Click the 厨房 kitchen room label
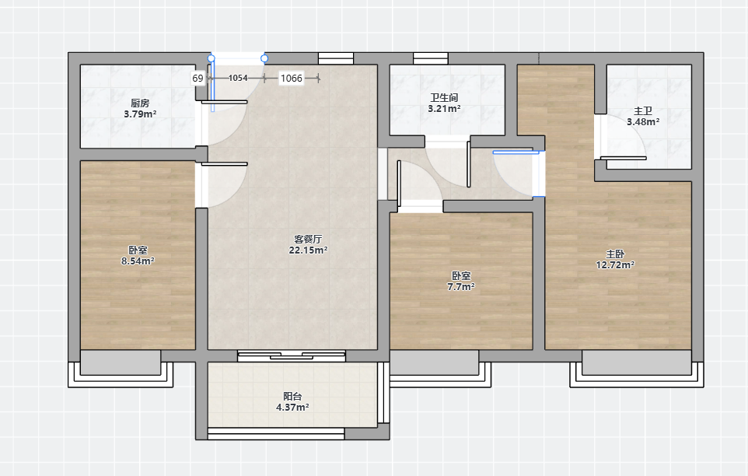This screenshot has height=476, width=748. coord(140,103)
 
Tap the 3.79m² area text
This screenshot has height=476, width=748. coord(140,114)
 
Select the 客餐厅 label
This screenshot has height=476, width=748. coord(308,239)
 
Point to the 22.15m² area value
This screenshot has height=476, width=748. coord(308,250)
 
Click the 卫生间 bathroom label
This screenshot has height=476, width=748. coord(444,98)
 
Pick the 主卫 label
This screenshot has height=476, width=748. coord(643,111)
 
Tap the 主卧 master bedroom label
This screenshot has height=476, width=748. coord(615,254)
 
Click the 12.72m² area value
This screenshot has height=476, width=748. coord(615,265)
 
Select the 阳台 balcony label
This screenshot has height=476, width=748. coord(292,397)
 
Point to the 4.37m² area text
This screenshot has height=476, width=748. coord(292,408)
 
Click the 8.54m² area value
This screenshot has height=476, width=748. coord(138,261)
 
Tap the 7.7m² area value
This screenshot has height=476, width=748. coord(461,287)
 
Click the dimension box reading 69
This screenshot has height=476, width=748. coord(198,79)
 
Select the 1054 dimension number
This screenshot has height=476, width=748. coord(238,78)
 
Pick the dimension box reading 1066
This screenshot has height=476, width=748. coord(292,79)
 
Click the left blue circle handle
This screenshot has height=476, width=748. coord(211,58)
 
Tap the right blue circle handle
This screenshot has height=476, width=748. coord(264,58)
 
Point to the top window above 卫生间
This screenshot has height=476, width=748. coord(431,58)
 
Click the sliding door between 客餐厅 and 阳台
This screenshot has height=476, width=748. coord(292,355)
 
